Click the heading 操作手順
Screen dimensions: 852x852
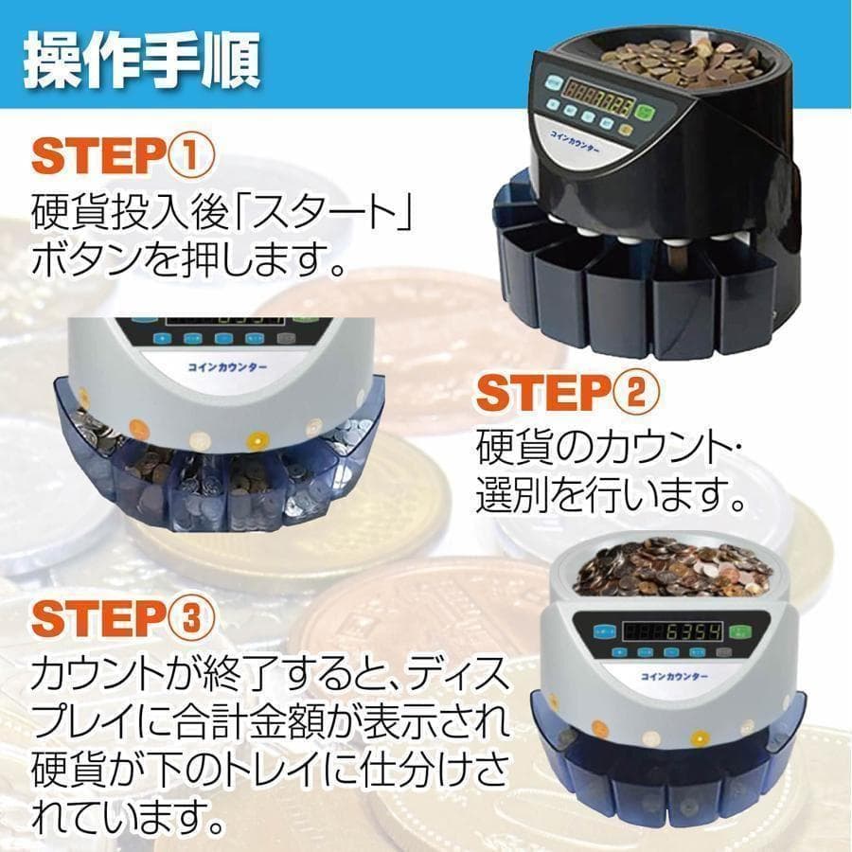coord(140,59)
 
